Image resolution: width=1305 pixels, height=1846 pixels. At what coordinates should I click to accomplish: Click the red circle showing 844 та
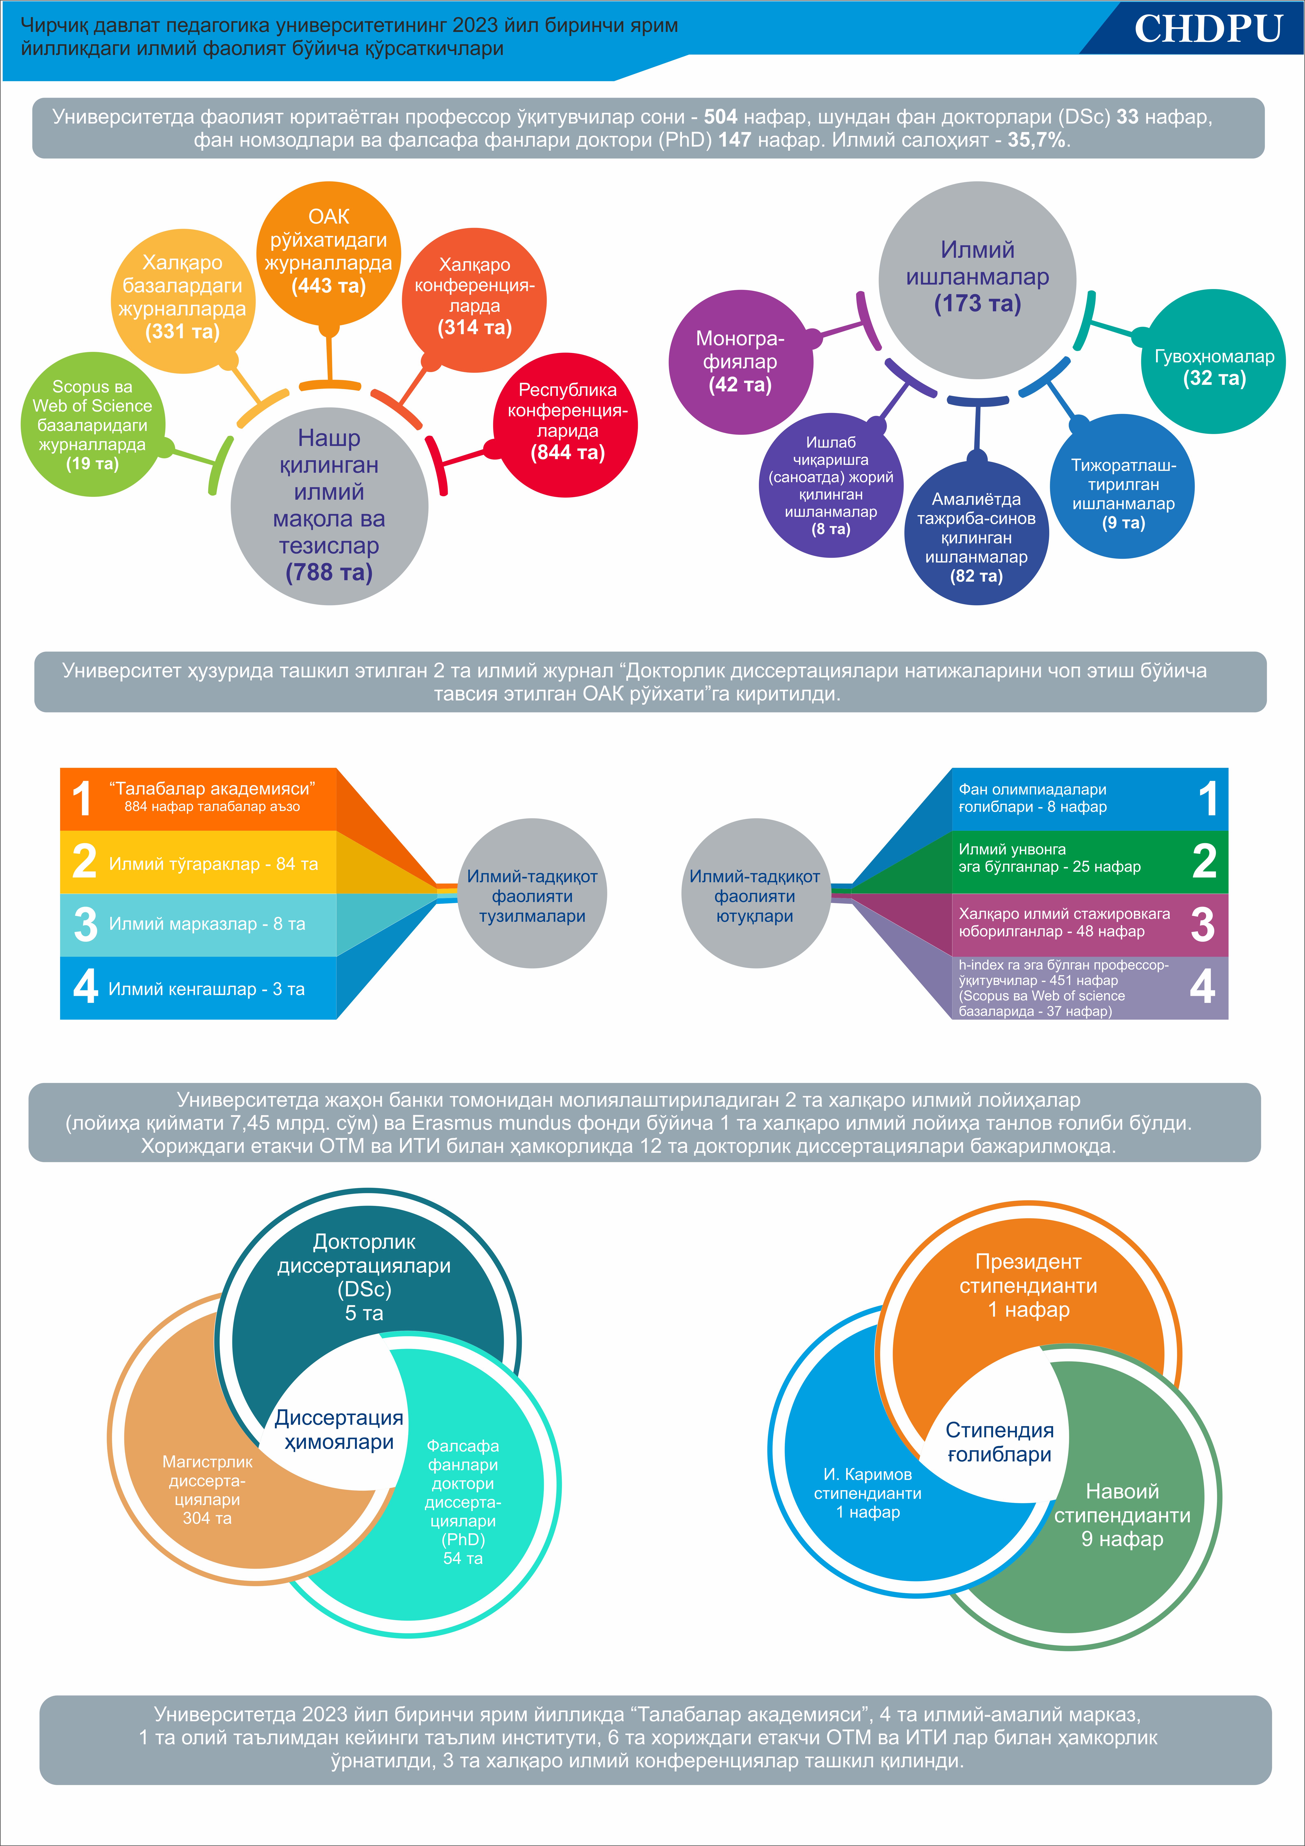point(566,425)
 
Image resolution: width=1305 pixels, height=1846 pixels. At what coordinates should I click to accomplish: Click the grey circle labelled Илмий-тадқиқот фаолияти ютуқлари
point(755,893)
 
